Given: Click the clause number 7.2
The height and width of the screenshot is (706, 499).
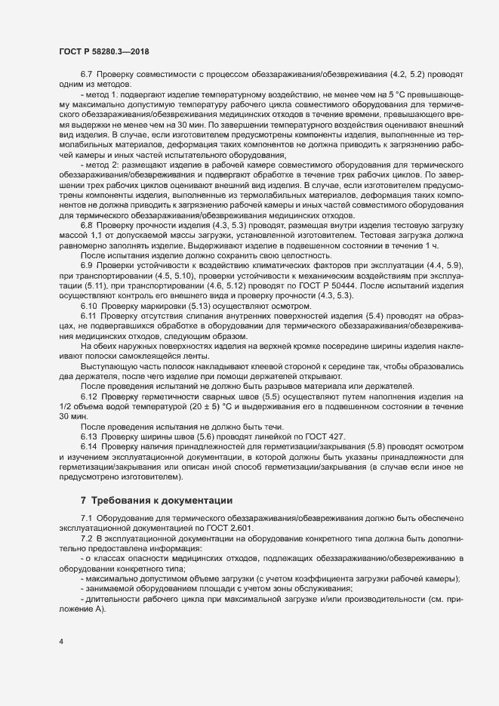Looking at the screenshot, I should tap(86, 541).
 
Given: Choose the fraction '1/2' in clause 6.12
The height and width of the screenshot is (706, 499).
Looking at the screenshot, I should tap(67, 406).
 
